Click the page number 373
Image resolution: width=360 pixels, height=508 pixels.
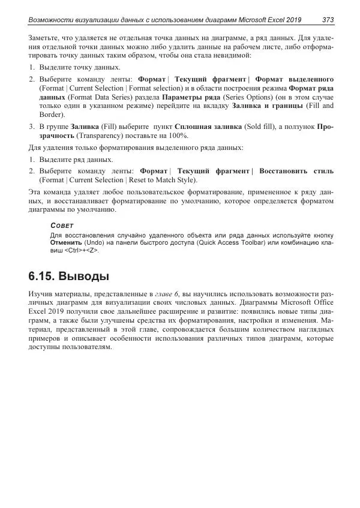328,20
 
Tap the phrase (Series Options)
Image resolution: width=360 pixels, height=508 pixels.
245,96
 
